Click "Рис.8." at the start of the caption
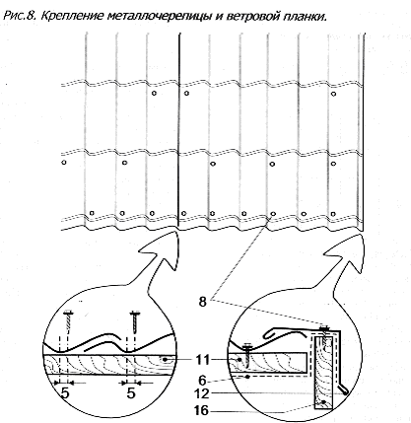point(21,16)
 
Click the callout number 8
point(203,302)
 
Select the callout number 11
point(202,360)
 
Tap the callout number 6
point(203,381)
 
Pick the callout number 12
point(201,393)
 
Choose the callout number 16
point(201,410)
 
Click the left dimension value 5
point(65,392)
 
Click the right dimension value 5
point(131,392)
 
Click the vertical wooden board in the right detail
point(324,373)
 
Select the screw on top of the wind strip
point(324,334)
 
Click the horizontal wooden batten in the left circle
point(108,365)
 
